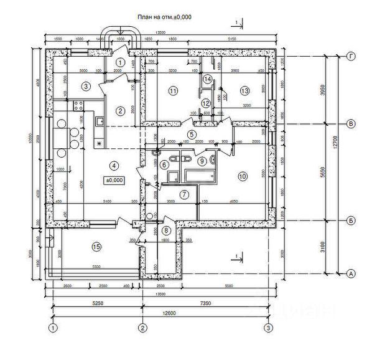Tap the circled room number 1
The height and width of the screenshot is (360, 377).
[121, 62]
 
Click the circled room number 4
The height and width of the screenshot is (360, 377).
[113, 166]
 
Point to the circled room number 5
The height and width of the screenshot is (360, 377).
[192, 134]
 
